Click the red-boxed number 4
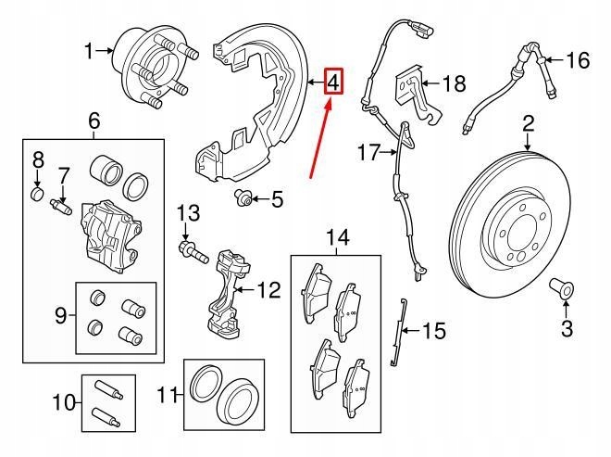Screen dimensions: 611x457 (334, 82)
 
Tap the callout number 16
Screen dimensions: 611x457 (579, 60)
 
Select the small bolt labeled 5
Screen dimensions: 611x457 (243, 198)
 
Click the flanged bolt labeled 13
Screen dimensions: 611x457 (193, 252)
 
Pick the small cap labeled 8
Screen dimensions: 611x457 (37, 194)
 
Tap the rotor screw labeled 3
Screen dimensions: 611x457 (562, 290)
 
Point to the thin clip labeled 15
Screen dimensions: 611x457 (397, 333)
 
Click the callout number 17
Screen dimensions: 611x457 (368, 152)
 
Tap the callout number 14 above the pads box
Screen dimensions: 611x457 (338, 237)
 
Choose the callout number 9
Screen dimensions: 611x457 (60, 315)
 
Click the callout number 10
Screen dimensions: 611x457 (64, 402)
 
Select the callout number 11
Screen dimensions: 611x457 (168, 395)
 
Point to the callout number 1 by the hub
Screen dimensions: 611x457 (90, 51)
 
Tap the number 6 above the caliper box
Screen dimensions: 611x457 (94, 121)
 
